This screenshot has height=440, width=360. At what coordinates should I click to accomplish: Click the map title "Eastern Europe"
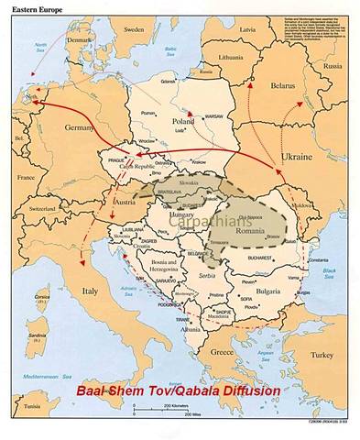(30, 7)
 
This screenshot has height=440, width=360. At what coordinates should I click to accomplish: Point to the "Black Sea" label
(329, 275)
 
